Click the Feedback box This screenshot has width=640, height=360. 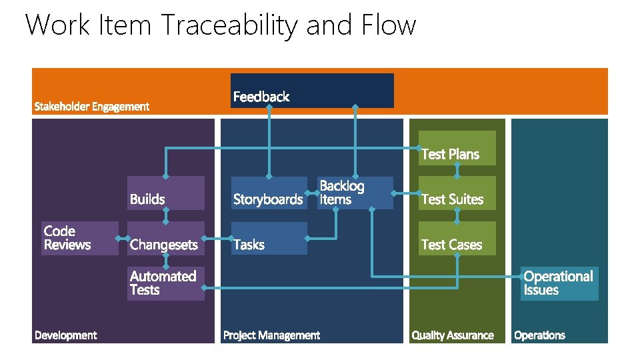[312, 91]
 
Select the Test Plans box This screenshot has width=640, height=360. [457, 148]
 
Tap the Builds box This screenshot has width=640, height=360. [166, 193]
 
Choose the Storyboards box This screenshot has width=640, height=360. [269, 193]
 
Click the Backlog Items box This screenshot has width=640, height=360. [355, 193]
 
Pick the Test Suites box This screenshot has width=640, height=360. [457, 193]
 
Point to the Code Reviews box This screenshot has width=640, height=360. [79, 239]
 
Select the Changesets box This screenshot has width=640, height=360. [166, 239]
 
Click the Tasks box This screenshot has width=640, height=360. [269, 239]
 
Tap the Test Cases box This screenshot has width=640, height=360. [457, 239]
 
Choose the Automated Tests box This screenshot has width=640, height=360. [166, 283]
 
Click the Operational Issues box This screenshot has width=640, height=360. [559, 283]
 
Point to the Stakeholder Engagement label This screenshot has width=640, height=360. [92, 107]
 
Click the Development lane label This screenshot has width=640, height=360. [65, 335]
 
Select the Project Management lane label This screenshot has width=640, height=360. [271, 335]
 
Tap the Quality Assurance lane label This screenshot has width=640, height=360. [453, 335]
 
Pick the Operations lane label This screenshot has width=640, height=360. [539, 335]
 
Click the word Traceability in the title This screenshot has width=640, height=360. [231, 25]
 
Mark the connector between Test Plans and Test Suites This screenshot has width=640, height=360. [457, 171]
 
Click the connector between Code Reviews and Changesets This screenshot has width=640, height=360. [123, 237]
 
